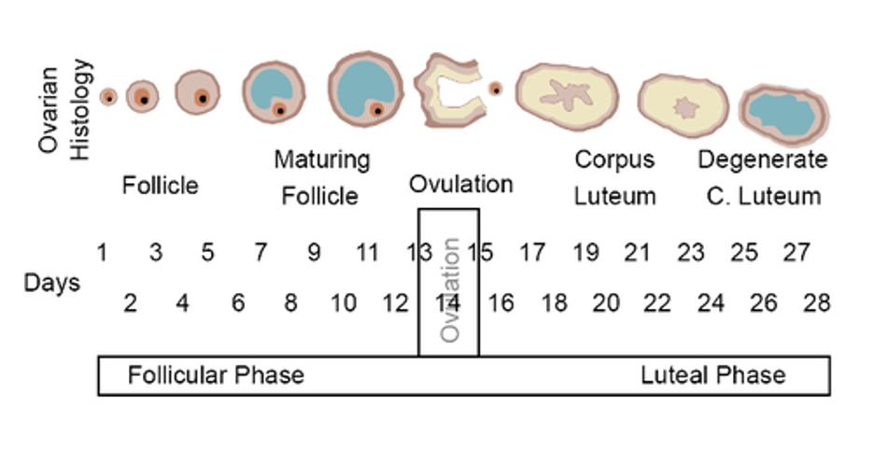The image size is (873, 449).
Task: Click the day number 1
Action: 102,253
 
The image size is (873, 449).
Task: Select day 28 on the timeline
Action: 817,303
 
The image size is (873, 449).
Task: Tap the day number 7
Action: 260,253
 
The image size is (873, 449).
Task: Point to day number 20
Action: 606,303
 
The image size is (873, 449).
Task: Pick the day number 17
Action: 532,253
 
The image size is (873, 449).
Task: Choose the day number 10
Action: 343,303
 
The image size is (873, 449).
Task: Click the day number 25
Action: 744,253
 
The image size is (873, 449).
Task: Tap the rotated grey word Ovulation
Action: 449,290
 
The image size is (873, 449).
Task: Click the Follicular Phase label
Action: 216,375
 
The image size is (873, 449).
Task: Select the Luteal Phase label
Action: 713,375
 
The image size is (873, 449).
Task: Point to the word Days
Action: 51,283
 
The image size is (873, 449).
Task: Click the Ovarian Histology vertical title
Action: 63,109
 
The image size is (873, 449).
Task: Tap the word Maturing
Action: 322,161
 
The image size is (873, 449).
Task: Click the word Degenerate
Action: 763,160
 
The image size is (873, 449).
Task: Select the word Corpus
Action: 614,161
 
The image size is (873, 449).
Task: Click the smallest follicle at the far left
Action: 109,97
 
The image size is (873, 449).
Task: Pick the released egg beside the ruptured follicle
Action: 495,89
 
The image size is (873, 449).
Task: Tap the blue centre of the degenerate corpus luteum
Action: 781,115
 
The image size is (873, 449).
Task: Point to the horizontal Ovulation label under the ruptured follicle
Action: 461,184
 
